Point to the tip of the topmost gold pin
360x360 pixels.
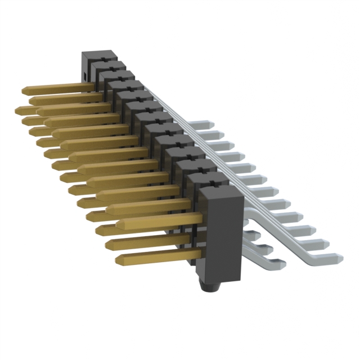(25, 90)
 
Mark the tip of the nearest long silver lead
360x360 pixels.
(340, 258)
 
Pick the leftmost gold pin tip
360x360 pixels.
(20, 108)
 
